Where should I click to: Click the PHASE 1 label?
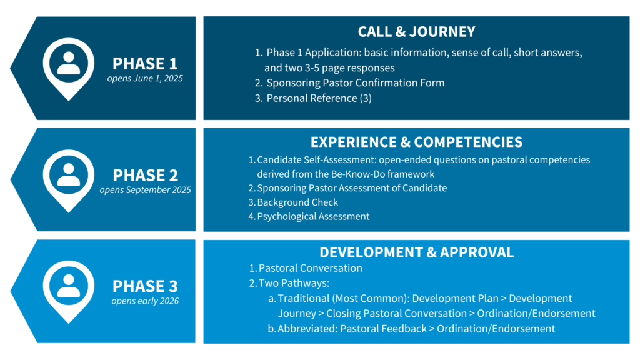[x=145, y=64]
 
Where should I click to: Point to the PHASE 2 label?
[x=145, y=175]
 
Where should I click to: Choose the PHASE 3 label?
[x=145, y=286]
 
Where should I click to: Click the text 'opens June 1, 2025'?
[x=145, y=78]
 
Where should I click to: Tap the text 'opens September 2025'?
[x=145, y=190]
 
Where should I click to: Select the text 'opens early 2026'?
[x=145, y=301]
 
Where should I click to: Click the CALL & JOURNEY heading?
[x=416, y=32]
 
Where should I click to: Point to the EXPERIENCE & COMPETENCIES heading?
[x=416, y=142]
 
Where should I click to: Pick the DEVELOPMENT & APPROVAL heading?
[x=416, y=252]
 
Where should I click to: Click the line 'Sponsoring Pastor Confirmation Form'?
[x=356, y=83]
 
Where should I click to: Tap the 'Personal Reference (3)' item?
[x=319, y=98]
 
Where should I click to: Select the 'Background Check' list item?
[x=297, y=202]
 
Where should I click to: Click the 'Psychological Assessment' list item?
[x=313, y=216]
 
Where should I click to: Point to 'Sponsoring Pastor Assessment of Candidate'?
[x=352, y=188]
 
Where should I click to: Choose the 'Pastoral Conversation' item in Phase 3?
[x=311, y=268]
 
